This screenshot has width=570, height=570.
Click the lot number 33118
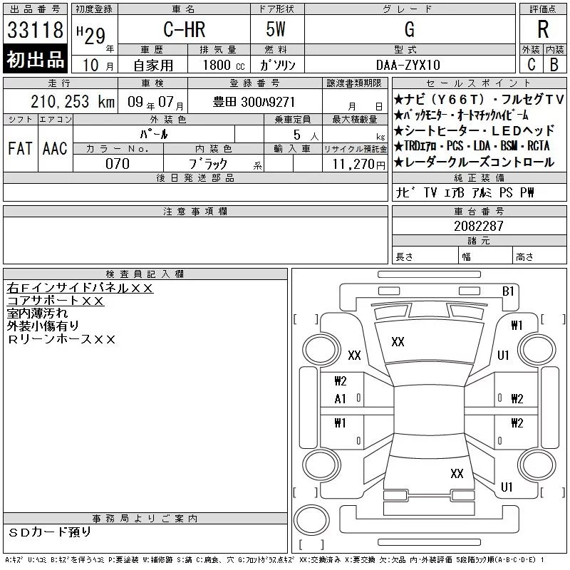[x=35, y=29]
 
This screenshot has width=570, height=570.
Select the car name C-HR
[x=185, y=29]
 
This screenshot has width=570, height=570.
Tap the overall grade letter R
[x=543, y=29]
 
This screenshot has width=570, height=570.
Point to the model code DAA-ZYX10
[x=408, y=65]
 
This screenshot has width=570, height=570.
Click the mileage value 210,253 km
[x=73, y=102]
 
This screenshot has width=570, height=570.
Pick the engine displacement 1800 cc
[x=224, y=65]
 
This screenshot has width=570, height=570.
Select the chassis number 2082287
[x=479, y=226]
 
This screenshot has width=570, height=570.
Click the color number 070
[x=118, y=164]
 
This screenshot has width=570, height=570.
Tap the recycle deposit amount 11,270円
[x=359, y=165]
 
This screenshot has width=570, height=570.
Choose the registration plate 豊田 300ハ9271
[x=254, y=102]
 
